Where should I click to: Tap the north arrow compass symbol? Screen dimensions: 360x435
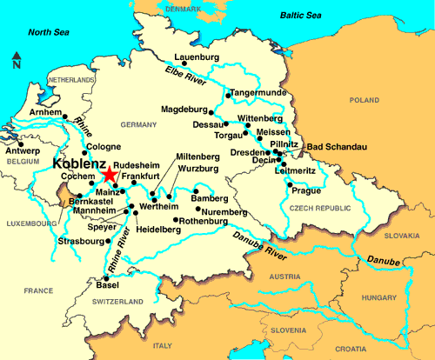[17, 61]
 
